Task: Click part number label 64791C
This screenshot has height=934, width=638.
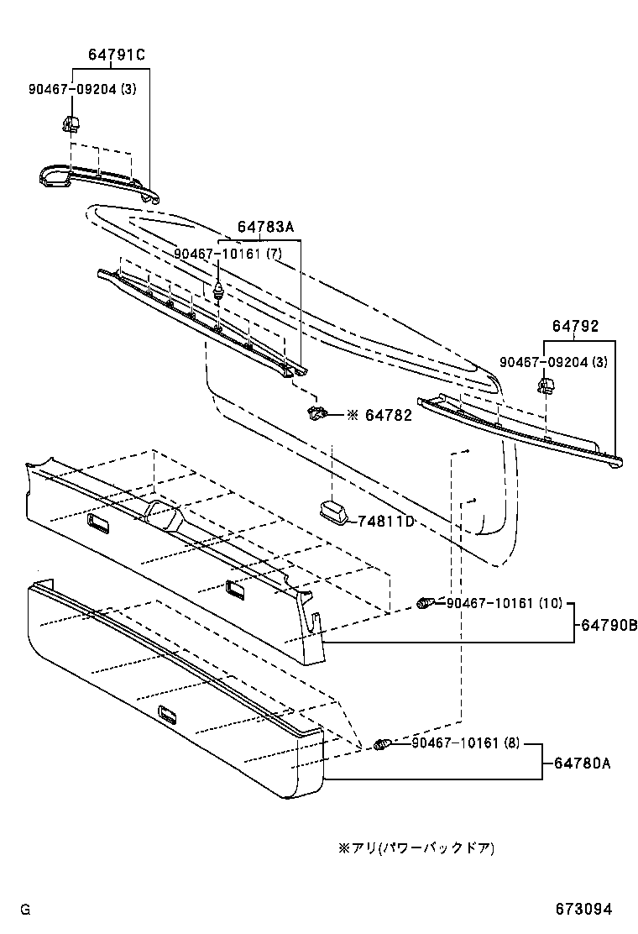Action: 117,55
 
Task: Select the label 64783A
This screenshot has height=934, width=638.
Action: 265,227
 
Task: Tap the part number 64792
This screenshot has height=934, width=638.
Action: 575,326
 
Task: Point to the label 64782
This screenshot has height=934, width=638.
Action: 388,415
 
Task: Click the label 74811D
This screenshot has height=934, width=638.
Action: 387,522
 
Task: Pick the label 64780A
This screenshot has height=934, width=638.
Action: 581,763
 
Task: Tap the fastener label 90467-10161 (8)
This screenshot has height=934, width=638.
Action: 466,743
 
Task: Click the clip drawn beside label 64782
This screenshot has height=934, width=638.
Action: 317,412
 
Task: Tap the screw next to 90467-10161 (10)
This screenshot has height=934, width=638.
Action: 426,603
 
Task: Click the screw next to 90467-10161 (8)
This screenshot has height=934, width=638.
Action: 383,744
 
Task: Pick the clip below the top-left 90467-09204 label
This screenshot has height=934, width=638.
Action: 71,125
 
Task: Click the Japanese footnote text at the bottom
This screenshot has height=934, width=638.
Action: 416,848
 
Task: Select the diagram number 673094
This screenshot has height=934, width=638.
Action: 583,910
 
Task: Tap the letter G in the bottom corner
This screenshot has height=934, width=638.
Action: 25,910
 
